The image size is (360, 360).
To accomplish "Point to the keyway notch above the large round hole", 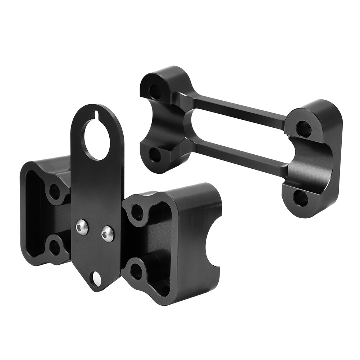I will pos(96,115).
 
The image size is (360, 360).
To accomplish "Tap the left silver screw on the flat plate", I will pos(82,227).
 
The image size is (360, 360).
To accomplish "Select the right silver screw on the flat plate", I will pos(108,234).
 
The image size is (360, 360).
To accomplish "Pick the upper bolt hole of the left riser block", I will pos(55,192).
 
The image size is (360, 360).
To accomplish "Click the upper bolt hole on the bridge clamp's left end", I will pos(155,92).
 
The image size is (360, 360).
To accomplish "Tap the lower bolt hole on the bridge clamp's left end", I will pos(155,155).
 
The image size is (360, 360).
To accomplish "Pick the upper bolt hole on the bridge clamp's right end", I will pos(303,128).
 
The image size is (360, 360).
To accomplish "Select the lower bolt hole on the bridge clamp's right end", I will pos(300,198).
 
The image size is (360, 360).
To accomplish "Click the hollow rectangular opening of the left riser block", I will pos(34,216).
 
